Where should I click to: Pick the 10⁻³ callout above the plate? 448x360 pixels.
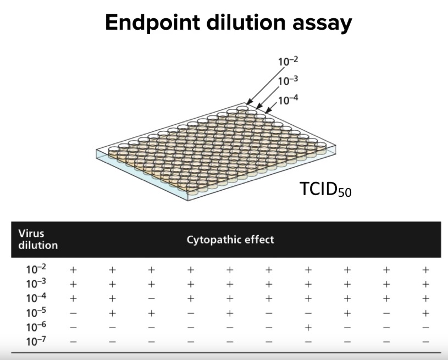tap(287, 80)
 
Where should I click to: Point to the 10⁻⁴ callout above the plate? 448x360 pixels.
tap(289, 100)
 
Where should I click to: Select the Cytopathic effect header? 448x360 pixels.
tap(230, 240)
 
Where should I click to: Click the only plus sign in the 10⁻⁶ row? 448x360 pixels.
tap(308, 328)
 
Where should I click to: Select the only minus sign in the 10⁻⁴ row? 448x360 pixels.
tap(152, 299)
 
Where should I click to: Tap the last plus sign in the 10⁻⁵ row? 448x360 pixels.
tap(425, 313)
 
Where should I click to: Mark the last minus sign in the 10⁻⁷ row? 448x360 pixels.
tap(425, 342)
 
